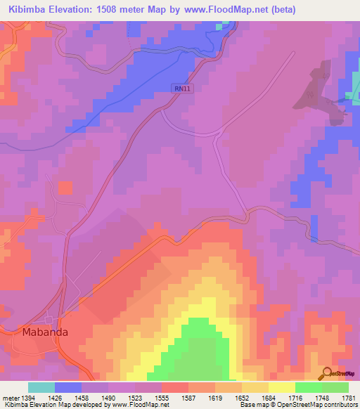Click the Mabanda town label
pyautogui.click(x=41, y=332)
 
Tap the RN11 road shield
pyautogui.click(x=182, y=88)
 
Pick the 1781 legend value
pyautogui.click(x=348, y=398)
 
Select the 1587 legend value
pyautogui.click(x=188, y=398)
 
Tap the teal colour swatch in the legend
pyautogui.click(x=41, y=387)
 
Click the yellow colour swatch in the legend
pyautogui.click(x=282, y=387)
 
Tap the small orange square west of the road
pyautogui.click(x=65, y=188)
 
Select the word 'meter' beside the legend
pyautogui.click(x=10, y=398)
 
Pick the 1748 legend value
pyautogui.click(x=322, y=398)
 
